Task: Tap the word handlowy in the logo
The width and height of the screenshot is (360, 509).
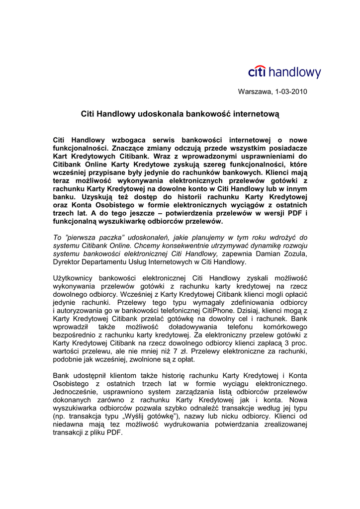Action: tap(295, 73)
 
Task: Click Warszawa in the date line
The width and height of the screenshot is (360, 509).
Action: tap(255, 92)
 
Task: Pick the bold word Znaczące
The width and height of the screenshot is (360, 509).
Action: tap(127, 148)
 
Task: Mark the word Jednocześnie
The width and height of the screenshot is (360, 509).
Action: tap(77, 392)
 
